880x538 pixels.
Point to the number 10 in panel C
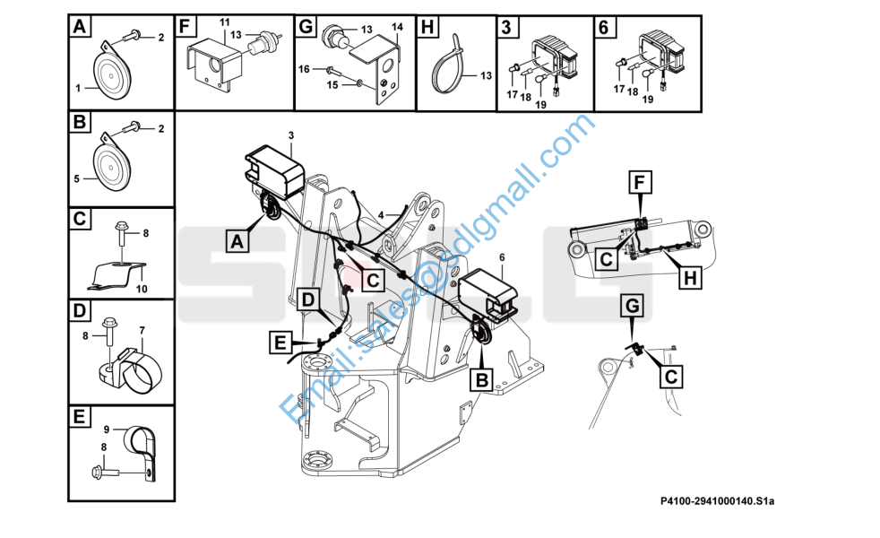(x=140, y=289)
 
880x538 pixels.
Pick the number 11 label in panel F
(x=224, y=21)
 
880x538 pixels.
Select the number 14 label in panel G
(x=397, y=27)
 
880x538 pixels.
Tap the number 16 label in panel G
(x=304, y=68)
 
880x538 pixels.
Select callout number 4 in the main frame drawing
(x=380, y=215)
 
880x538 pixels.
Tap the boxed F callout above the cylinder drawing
(x=639, y=185)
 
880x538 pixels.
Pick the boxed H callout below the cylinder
(x=688, y=280)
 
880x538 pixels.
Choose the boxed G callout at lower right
(x=634, y=307)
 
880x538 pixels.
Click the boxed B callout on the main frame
(x=481, y=380)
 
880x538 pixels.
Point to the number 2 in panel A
(x=161, y=37)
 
